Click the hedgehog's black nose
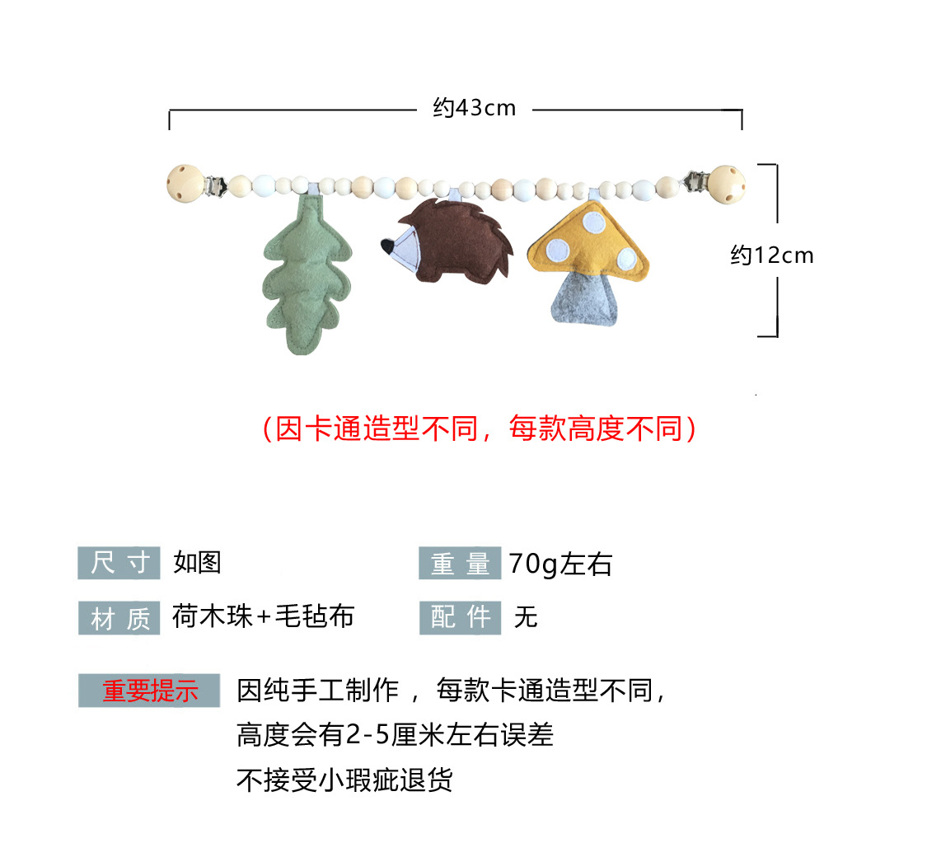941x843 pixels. click(x=386, y=245)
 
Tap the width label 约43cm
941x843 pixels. click(x=475, y=108)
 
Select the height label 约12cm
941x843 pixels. click(x=772, y=255)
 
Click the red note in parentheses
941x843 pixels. click(x=479, y=429)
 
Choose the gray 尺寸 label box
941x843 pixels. click(x=119, y=563)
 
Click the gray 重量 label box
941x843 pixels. click(x=459, y=564)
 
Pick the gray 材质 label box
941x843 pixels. click(x=119, y=618)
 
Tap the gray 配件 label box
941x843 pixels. click(x=459, y=617)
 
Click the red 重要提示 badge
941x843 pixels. click(x=149, y=691)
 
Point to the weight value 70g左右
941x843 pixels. click(x=560, y=564)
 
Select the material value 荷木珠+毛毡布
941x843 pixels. click(x=263, y=616)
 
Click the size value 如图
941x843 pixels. click(x=197, y=563)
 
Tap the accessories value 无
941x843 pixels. click(x=525, y=616)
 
